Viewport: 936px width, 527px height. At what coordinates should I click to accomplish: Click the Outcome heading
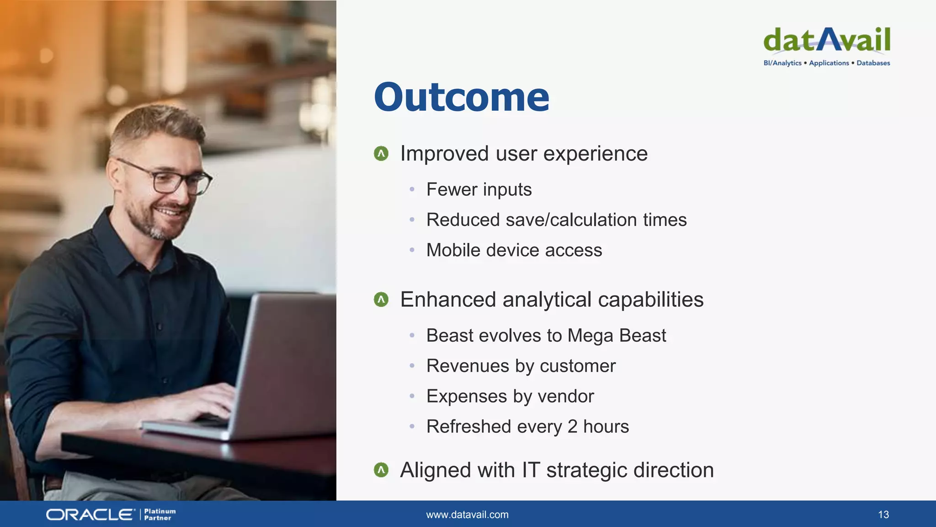[462, 97]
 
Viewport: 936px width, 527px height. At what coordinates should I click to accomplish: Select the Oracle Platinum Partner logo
[111, 515]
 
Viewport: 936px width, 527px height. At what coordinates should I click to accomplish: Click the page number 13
[883, 515]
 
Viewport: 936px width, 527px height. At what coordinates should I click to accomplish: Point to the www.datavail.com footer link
[467, 515]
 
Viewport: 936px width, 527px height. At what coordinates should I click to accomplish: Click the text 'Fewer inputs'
[479, 189]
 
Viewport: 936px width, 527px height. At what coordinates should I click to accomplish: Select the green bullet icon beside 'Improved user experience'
[381, 154]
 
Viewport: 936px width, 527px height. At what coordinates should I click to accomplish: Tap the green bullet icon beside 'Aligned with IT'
[381, 470]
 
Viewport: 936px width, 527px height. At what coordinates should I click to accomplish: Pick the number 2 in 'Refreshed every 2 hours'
[572, 426]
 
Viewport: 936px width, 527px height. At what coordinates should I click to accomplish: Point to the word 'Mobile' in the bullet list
[453, 250]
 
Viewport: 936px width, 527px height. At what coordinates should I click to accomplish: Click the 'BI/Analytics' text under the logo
[782, 63]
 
